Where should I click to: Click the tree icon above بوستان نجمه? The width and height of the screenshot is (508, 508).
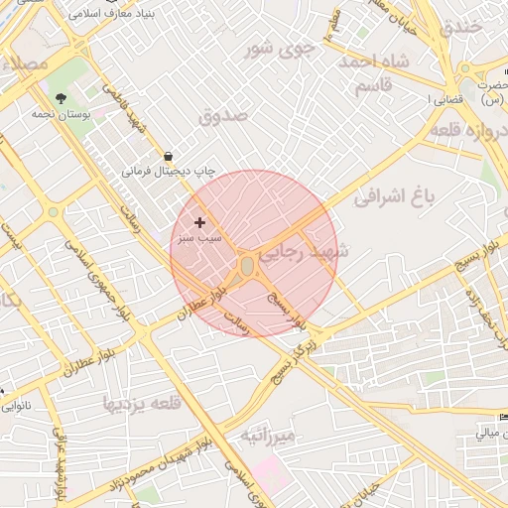point(62,97)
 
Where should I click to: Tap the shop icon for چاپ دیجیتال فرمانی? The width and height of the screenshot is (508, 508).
point(167,156)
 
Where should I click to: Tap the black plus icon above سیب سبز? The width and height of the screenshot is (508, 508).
point(200,222)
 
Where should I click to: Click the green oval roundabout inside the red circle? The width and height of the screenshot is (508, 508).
point(246,266)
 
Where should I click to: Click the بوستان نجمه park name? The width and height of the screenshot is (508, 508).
point(84,115)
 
